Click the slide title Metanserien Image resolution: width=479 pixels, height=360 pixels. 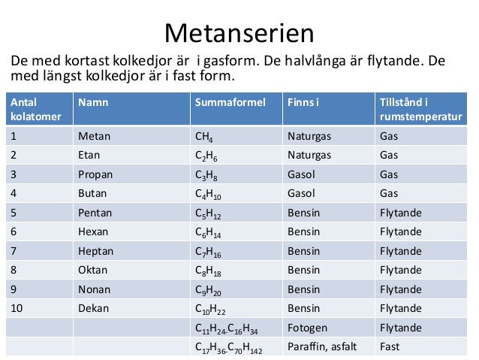239,32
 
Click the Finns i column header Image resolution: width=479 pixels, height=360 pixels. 303,101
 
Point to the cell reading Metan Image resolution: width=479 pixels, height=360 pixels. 94,137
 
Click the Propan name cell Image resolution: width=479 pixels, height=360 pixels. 97,174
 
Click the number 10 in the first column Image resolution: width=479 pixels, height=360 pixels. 16,307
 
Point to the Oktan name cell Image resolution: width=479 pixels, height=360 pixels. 94,269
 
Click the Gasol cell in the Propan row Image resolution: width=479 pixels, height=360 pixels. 302,174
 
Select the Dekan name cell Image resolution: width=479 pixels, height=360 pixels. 94,307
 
